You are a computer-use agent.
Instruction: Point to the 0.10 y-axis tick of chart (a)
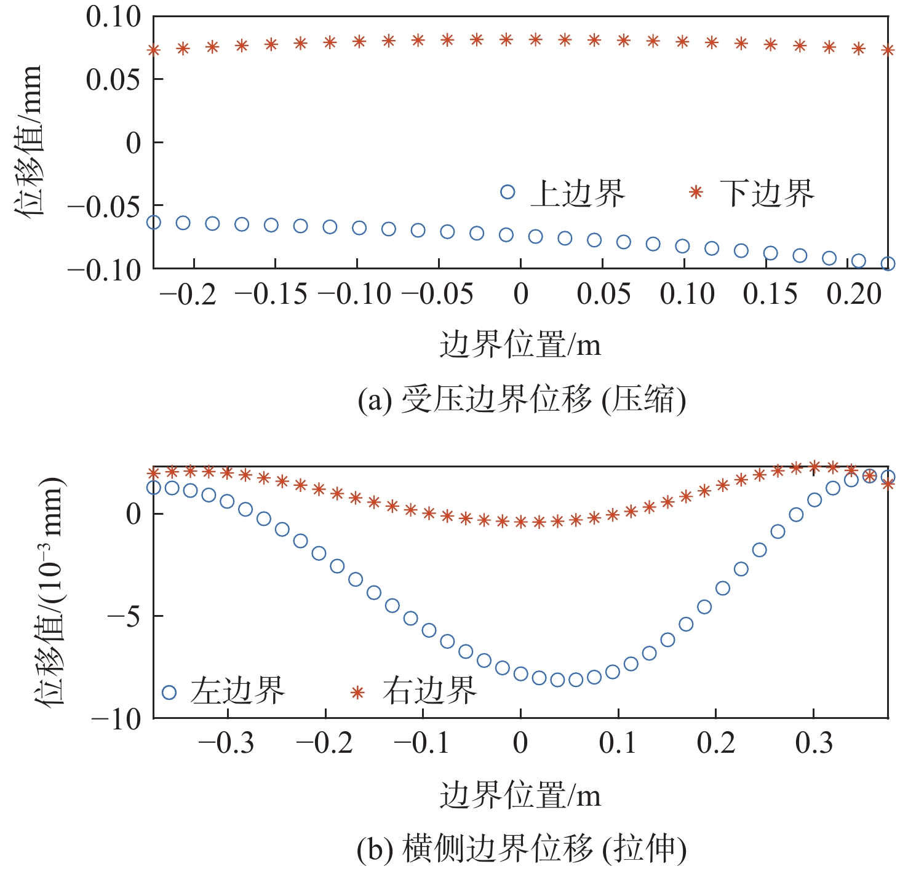click(x=113, y=17)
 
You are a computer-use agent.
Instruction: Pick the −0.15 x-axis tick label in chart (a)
click(x=271, y=295)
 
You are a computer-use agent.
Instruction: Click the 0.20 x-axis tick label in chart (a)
click(x=854, y=295)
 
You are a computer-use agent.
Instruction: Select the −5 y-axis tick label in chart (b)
click(x=124, y=616)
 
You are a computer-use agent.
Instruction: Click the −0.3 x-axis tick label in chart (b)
click(x=226, y=744)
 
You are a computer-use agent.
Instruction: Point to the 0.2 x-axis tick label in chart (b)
click(x=716, y=744)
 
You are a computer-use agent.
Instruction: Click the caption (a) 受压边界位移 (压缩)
click(x=522, y=400)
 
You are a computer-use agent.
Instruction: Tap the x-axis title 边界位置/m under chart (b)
click(x=520, y=795)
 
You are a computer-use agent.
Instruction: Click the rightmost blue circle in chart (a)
click(x=888, y=264)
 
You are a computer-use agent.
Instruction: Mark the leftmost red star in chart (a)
click(x=154, y=50)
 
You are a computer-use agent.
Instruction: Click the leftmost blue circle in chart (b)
click(x=154, y=487)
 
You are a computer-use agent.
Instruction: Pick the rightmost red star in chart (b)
click(x=888, y=484)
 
